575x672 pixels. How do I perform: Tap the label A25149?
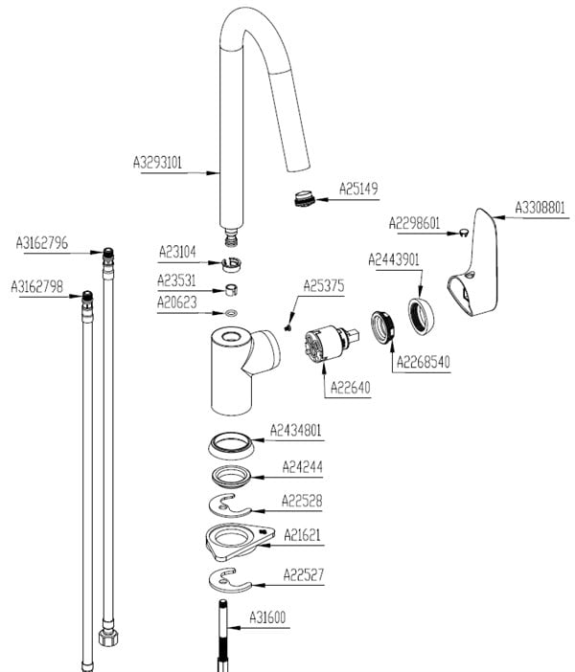pyautogui.click(x=359, y=190)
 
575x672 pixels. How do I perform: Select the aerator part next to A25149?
pyautogui.click(x=304, y=198)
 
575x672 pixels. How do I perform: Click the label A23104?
pyautogui.click(x=177, y=252)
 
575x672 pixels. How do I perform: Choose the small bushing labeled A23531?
pyautogui.click(x=234, y=290)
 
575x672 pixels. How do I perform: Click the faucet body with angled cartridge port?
pyautogui.click(x=235, y=364)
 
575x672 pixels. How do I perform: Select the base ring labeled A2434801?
pyautogui.click(x=232, y=445)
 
